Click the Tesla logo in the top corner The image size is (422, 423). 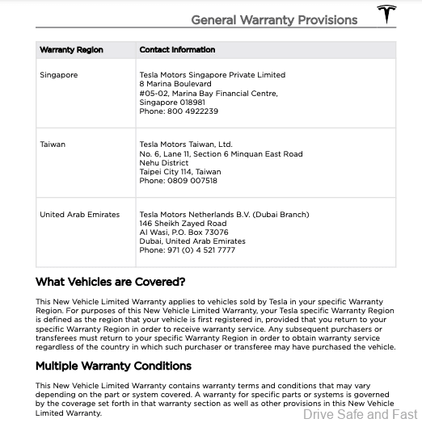point(387,15)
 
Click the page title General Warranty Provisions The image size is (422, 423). point(274,19)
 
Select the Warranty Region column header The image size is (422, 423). point(72,50)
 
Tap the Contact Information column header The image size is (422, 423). point(176,50)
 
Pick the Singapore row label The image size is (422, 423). point(58,75)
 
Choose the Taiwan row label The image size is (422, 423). point(53,144)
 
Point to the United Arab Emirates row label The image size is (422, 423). point(79,215)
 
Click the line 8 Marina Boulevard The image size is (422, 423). point(175,84)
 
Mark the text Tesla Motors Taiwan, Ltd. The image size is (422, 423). point(186,144)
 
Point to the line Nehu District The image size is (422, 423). point(164,163)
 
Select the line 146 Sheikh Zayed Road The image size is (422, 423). point(183,224)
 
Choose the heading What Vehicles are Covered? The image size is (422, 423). point(111,283)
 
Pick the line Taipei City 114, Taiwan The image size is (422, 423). point(180,172)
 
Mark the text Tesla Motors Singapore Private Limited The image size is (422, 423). point(212,75)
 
